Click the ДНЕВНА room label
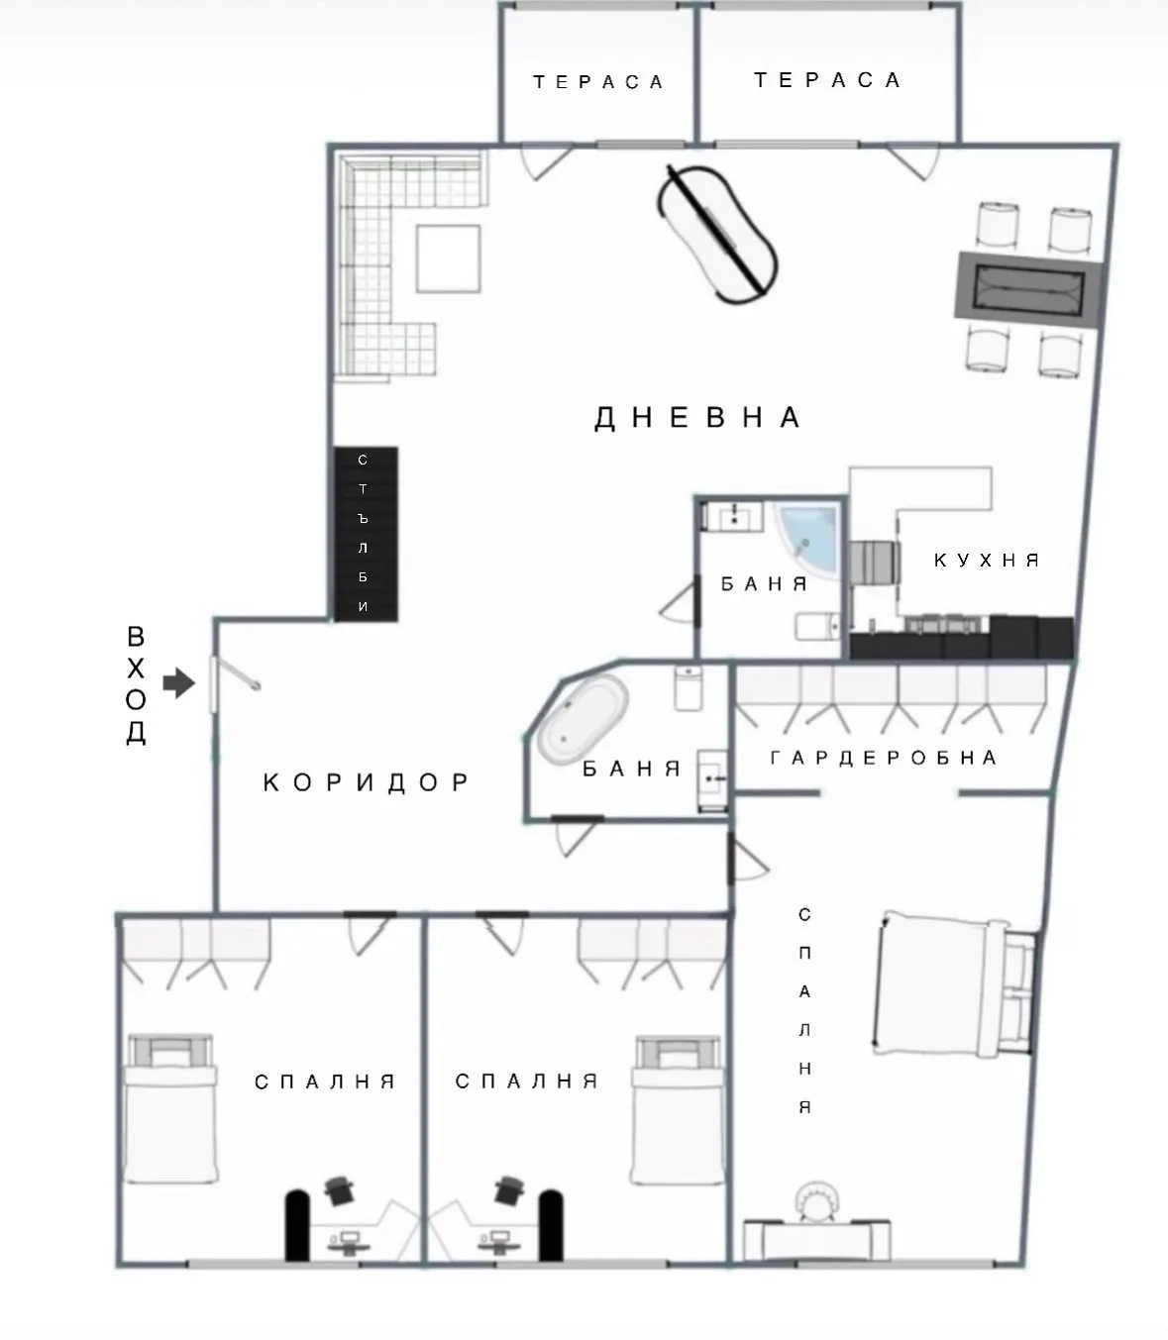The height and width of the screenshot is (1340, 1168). [x=697, y=418]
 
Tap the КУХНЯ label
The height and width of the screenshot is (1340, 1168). [x=987, y=561]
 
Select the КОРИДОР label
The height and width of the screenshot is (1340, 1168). [x=368, y=783]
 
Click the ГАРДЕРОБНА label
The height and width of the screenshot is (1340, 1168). [x=884, y=759]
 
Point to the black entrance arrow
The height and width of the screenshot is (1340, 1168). [x=178, y=682]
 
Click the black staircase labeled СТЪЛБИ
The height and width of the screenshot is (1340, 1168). [x=365, y=534]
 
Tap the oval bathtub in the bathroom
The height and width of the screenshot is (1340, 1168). [x=583, y=719]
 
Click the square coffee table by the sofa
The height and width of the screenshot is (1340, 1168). [x=448, y=258]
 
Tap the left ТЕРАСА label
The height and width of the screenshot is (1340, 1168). [x=598, y=82]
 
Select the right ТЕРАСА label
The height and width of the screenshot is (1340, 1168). [x=827, y=80]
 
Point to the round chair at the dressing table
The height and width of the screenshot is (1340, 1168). [x=818, y=1200]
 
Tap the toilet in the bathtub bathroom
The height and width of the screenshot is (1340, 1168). [x=689, y=687]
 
